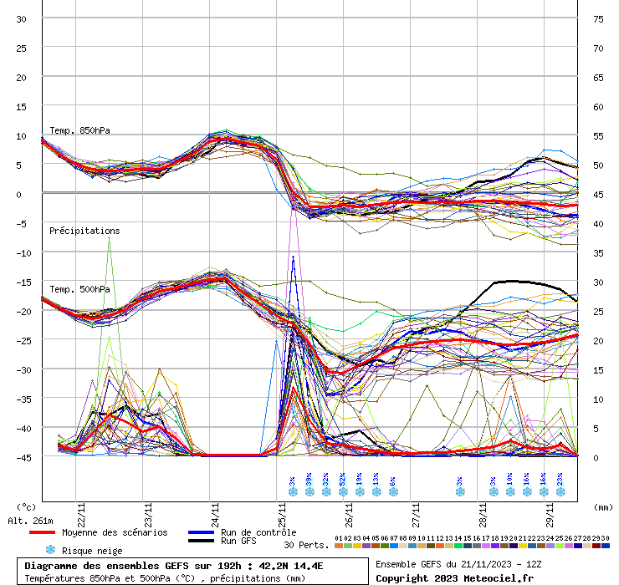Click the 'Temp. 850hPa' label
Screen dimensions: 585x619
(79, 130)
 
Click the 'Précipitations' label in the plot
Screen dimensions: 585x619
(84, 231)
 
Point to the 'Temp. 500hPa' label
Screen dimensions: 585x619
(79, 290)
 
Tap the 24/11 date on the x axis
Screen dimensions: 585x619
(216, 510)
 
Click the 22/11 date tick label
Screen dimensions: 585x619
(80, 510)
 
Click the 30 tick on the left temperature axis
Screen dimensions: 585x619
(22, 18)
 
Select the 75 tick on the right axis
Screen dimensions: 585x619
(599, 18)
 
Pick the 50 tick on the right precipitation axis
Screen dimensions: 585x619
(599, 165)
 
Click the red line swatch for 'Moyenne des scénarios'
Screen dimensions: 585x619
(54, 532)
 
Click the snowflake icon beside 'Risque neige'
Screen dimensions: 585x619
(50, 550)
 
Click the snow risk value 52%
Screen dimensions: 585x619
(343, 482)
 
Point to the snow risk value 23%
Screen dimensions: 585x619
(560, 482)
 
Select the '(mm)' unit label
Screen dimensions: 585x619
(603, 506)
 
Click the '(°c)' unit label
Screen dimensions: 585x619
(26, 506)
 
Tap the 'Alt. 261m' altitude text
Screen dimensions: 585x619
(30, 521)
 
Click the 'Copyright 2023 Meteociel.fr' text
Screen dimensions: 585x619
(453, 577)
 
